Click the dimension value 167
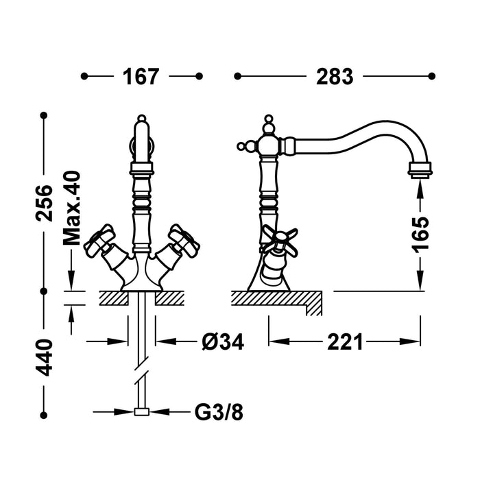141,76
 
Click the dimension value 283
334,76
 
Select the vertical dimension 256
45,202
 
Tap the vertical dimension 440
45,357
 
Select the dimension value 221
344,341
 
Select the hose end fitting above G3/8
142,413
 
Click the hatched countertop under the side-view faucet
274,298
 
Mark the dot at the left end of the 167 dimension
84,76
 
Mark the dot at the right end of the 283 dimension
432,76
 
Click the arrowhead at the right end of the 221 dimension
416,341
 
